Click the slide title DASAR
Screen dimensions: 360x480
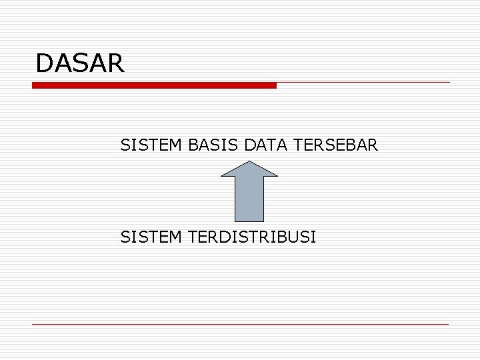click(x=80, y=63)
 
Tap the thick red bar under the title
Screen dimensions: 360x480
click(x=154, y=85)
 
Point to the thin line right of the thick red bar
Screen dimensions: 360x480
click(x=363, y=83)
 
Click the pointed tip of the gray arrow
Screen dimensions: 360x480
click(x=249, y=160)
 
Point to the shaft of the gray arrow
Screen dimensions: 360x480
click(x=249, y=199)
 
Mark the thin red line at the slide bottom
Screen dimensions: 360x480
click(x=240, y=325)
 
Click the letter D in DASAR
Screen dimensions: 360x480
click(x=44, y=63)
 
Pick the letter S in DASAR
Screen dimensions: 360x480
click(x=79, y=63)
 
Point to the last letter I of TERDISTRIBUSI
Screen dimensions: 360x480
click(x=314, y=236)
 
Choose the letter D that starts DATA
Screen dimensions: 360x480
click(x=250, y=144)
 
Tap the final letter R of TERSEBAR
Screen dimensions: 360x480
click(x=373, y=144)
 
